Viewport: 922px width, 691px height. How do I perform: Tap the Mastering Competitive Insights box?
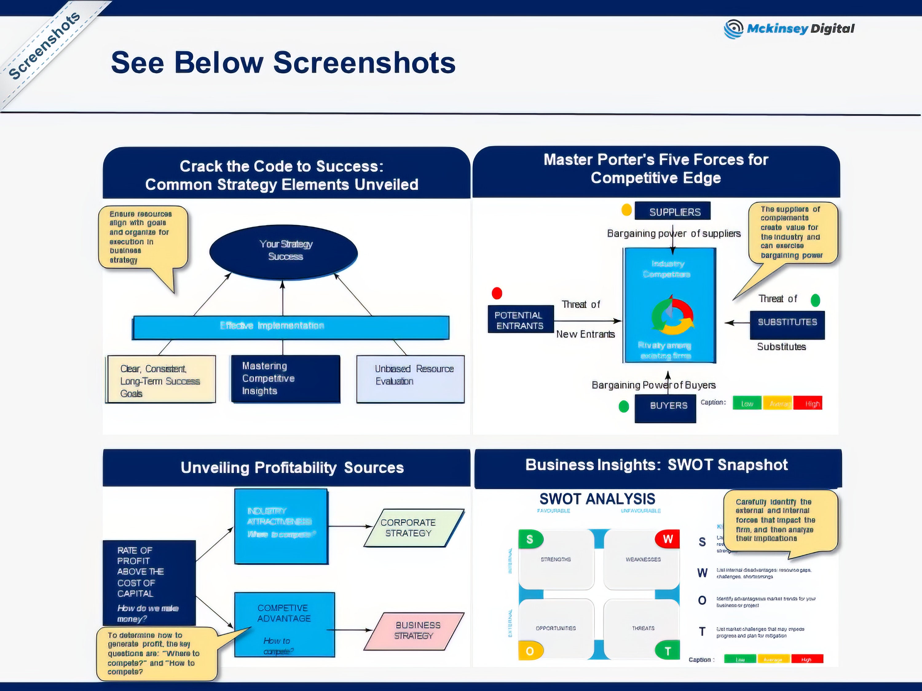tap(286, 379)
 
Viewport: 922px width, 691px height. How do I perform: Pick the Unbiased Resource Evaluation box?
tap(410, 379)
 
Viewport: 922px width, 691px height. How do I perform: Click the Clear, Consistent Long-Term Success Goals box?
tap(161, 379)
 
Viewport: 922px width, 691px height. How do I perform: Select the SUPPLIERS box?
tap(672, 211)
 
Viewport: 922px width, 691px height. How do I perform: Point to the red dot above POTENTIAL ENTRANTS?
tap(497, 293)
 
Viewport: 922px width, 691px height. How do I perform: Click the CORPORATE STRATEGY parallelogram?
tap(413, 527)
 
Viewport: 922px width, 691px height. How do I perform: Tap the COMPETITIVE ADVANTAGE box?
tap(284, 623)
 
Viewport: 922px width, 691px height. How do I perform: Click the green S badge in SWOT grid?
tap(530, 539)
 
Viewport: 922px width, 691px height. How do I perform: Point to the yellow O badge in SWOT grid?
tap(530, 650)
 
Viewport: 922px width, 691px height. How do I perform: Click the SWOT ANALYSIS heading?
tap(597, 498)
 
